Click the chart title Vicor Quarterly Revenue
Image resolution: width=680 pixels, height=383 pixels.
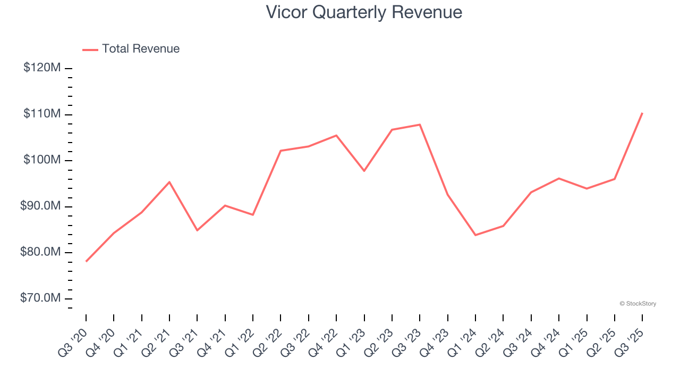(364, 12)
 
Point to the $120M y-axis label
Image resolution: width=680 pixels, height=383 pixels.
(42, 68)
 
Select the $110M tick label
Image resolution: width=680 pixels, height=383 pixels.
(42, 114)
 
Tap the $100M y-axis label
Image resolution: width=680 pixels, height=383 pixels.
(42, 160)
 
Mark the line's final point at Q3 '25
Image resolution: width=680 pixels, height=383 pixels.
(642, 113)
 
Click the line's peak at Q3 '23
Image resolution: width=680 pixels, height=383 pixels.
(420, 124)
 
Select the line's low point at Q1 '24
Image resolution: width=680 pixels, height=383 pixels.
(475, 235)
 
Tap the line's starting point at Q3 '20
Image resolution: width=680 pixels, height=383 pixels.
(86, 261)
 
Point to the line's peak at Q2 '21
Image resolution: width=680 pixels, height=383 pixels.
(169, 182)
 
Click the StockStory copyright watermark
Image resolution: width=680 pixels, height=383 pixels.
(637, 304)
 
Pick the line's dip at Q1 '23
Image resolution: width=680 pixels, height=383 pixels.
(364, 171)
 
